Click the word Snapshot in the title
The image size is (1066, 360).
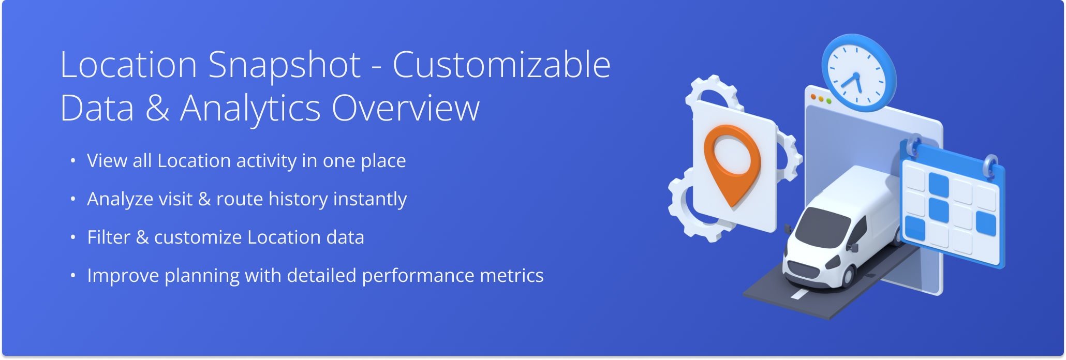point(284,66)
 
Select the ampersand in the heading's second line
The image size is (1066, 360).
point(157,109)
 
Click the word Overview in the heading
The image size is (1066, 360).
point(406,109)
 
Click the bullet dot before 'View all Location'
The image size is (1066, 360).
point(73,161)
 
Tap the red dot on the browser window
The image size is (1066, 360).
point(813,97)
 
